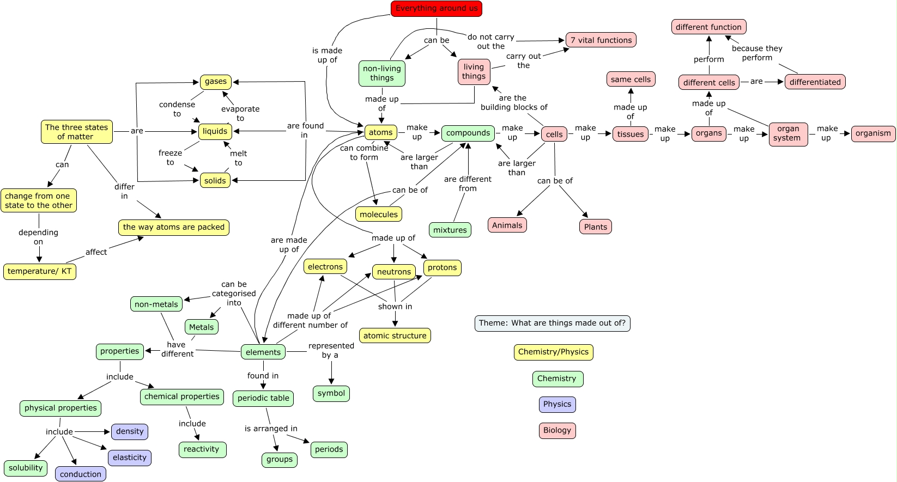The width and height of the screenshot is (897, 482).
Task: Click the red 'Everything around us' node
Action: point(436,9)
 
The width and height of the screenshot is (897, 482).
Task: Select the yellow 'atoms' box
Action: point(380,132)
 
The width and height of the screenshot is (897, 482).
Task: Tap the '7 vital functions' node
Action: point(601,40)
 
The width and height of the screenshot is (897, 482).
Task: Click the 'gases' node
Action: point(216,82)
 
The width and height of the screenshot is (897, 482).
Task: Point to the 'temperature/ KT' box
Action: point(40,271)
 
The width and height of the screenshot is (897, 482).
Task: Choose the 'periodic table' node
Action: point(263,398)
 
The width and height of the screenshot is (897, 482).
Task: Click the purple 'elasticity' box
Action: point(130,457)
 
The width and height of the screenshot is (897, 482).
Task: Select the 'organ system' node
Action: point(788,133)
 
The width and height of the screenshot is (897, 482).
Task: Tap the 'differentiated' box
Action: point(815,82)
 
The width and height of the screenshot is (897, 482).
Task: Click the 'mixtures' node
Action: point(450,230)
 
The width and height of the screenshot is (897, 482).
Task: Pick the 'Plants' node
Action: point(595,227)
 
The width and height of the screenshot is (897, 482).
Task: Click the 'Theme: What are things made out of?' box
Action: point(552,323)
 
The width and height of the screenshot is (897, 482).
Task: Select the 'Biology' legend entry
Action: point(557,430)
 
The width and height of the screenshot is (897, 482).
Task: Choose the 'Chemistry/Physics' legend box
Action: point(553,352)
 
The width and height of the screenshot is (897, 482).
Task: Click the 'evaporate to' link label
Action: point(240,113)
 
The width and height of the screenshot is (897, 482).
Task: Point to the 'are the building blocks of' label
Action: point(513,102)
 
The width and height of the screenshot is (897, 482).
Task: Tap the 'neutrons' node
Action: point(393,272)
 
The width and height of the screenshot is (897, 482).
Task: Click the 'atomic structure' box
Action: point(395,336)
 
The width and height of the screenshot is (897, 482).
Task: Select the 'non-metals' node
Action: point(156,304)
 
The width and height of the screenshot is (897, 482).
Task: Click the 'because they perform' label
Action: point(756,53)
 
